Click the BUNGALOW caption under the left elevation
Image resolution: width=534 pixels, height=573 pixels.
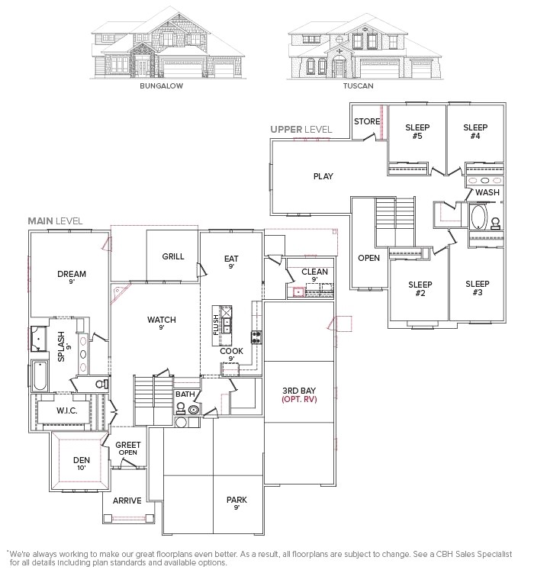161,86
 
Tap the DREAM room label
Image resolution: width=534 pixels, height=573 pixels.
71,274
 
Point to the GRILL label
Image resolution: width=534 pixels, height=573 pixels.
173,256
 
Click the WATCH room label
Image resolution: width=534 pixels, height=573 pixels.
162,320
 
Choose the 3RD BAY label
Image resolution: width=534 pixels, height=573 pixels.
299,390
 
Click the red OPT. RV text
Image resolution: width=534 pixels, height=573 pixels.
299,399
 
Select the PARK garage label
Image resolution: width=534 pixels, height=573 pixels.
236,501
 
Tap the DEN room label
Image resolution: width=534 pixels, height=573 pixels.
82,460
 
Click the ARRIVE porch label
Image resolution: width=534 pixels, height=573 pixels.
127,501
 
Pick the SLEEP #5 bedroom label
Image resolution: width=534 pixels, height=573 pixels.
417,132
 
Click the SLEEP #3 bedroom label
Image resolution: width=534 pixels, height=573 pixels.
478,288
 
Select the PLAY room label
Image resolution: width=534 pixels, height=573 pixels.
323,176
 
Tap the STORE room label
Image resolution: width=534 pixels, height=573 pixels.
367,121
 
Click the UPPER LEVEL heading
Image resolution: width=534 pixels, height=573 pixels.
301,130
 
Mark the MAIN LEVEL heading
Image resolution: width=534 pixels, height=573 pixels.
55,221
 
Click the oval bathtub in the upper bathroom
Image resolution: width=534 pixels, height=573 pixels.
478,219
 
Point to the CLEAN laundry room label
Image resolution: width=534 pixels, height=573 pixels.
314,272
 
